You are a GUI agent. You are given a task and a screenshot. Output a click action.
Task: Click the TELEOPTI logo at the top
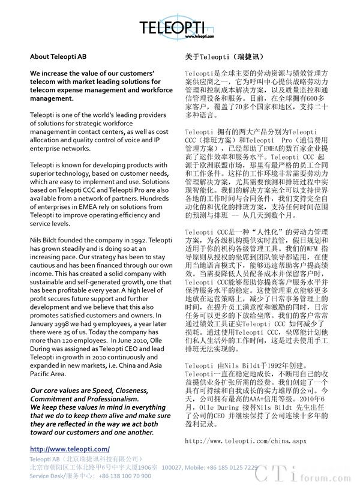pos(179,27)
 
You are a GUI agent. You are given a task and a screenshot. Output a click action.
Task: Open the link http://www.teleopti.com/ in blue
pos(70,449)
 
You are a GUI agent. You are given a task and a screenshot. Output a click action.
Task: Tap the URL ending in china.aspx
pos(246,441)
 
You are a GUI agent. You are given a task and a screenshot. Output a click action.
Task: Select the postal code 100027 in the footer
pos(173,467)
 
